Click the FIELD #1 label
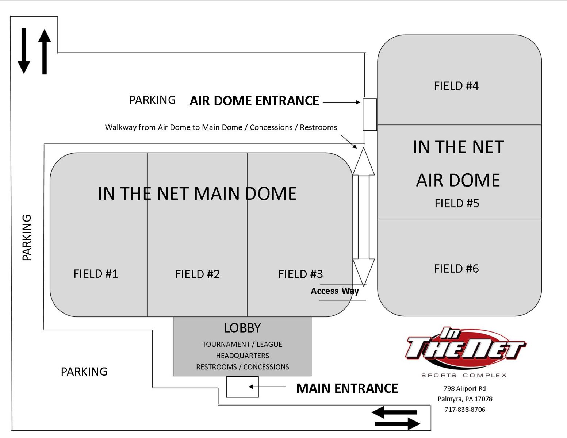point(96,274)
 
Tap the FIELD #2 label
point(198,274)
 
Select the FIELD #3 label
point(300,274)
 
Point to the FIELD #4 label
point(456,86)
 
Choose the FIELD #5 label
point(457,203)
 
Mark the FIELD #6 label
point(456,269)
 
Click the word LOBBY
point(242,328)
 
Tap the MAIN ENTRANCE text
point(347,388)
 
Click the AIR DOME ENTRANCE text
point(254,101)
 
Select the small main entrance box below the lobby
point(242,387)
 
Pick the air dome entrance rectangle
point(369,114)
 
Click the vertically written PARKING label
point(27,237)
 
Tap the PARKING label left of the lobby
point(84,372)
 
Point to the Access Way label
point(334,291)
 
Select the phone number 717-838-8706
point(465,410)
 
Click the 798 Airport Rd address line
point(464,388)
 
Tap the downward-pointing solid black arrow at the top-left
point(24,51)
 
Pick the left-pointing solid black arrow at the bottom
point(394,412)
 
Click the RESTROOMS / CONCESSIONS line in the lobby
point(242,367)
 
